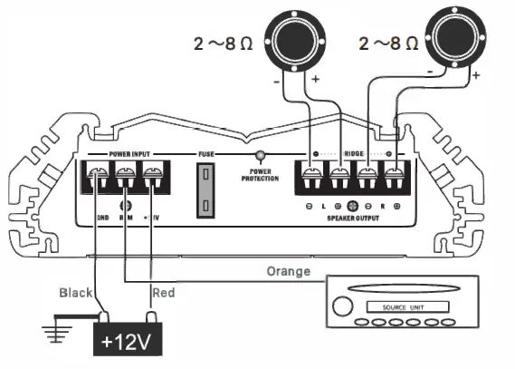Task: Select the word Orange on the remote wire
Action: click(289, 271)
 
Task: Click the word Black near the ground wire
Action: click(75, 293)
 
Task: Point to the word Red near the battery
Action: click(165, 293)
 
